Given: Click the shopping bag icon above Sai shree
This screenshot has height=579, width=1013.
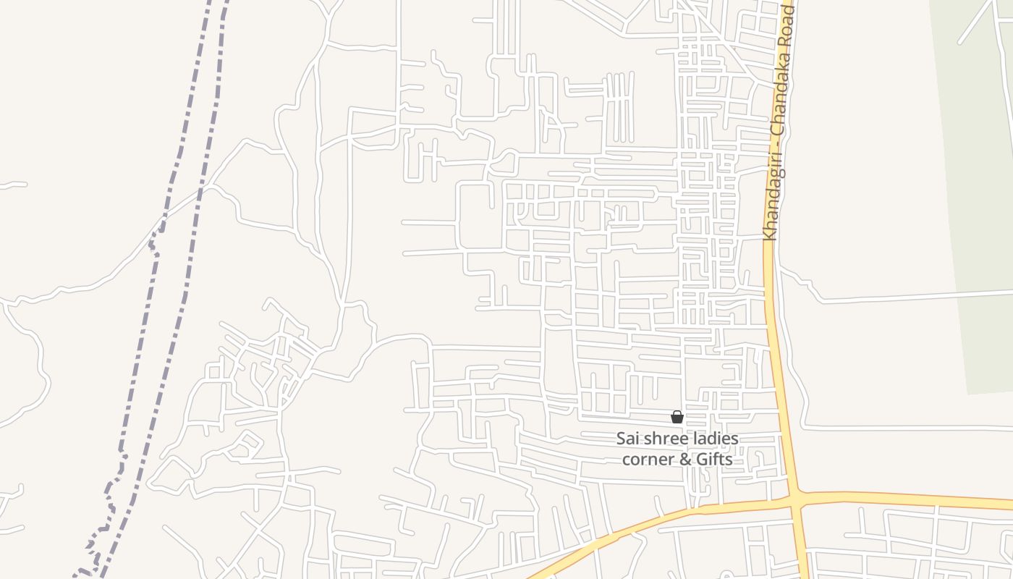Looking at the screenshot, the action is [677, 417].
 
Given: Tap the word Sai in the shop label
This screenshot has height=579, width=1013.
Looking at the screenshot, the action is [628, 439].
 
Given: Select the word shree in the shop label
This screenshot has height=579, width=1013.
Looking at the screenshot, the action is [664, 439].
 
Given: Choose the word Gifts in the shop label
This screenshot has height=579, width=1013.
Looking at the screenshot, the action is [714, 459].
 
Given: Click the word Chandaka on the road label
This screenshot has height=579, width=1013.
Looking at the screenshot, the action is [782, 105].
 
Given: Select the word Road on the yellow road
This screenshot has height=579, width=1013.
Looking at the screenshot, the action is [789, 29].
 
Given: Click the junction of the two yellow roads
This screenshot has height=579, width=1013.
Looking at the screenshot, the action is [797, 499].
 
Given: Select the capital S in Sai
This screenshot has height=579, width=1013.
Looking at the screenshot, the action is [621, 439].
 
